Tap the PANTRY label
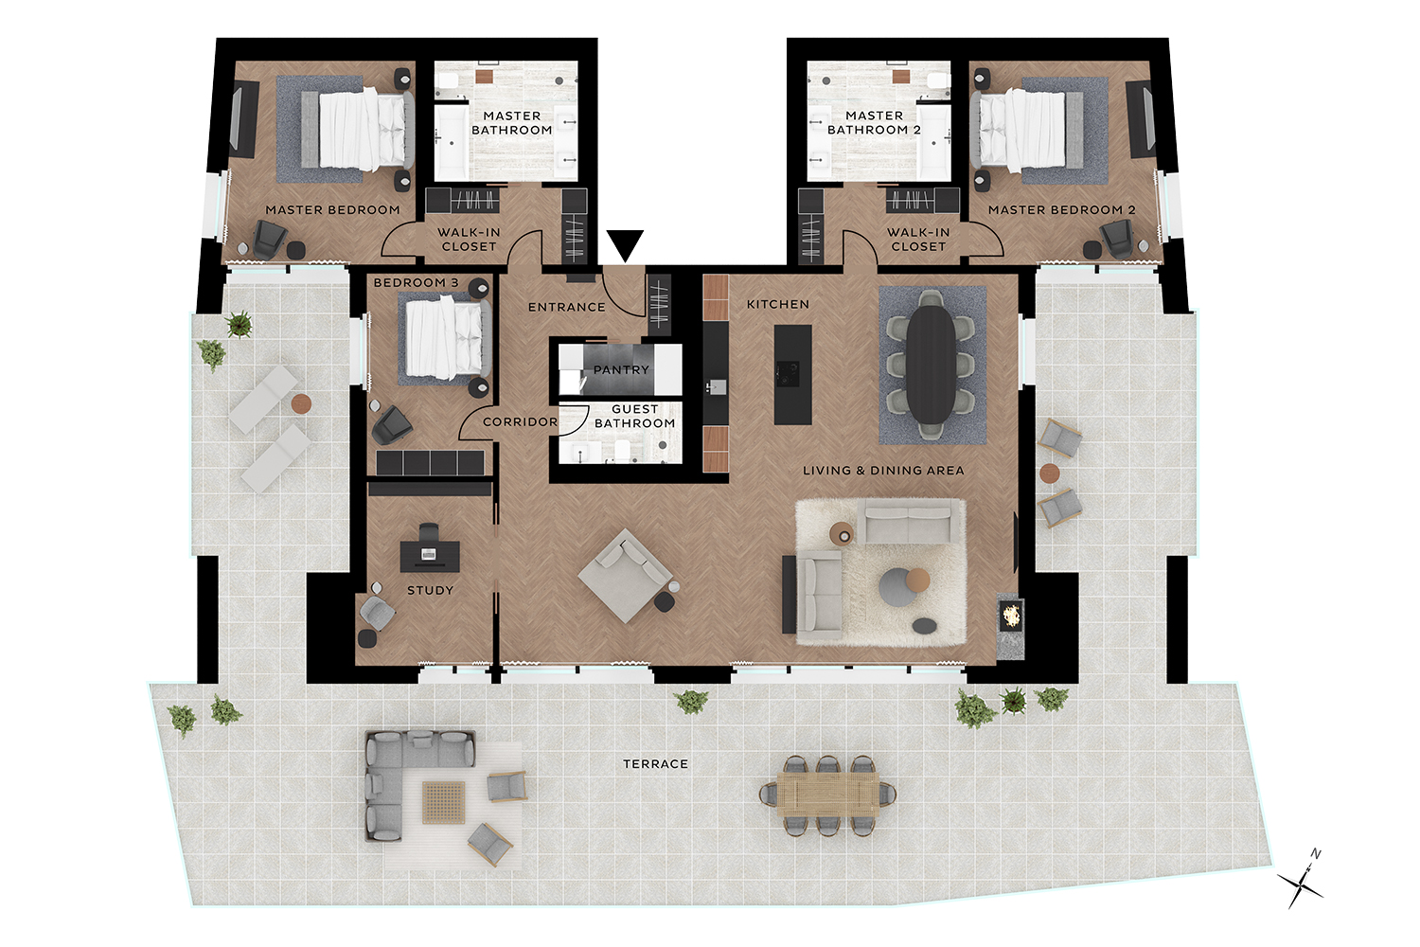click(x=621, y=369)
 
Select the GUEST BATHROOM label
click(x=634, y=416)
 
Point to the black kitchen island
click(x=793, y=374)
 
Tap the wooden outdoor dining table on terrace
click(x=828, y=795)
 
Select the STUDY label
click(x=431, y=591)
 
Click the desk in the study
click(x=430, y=556)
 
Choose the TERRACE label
click(x=655, y=764)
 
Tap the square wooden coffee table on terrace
click(x=444, y=802)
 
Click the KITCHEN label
click(x=778, y=305)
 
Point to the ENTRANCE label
click(x=567, y=307)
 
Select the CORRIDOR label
click(x=520, y=421)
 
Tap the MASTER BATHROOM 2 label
click(x=874, y=122)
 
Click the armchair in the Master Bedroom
click(x=270, y=240)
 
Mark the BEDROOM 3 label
click(x=416, y=282)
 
